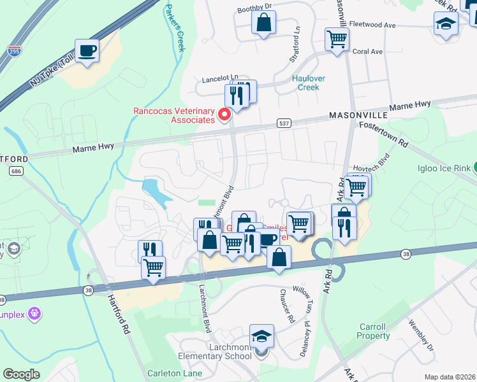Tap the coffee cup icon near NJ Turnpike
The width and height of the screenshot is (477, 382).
[87, 51]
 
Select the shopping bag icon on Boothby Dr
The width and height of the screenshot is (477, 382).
[263, 24]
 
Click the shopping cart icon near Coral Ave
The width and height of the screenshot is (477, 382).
[337, 39]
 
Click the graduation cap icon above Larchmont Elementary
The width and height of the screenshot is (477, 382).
[261, 336]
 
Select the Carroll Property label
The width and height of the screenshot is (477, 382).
[373, 331]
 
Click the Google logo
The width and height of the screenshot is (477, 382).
[22, 374]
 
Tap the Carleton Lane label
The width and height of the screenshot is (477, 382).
[170, 373]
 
